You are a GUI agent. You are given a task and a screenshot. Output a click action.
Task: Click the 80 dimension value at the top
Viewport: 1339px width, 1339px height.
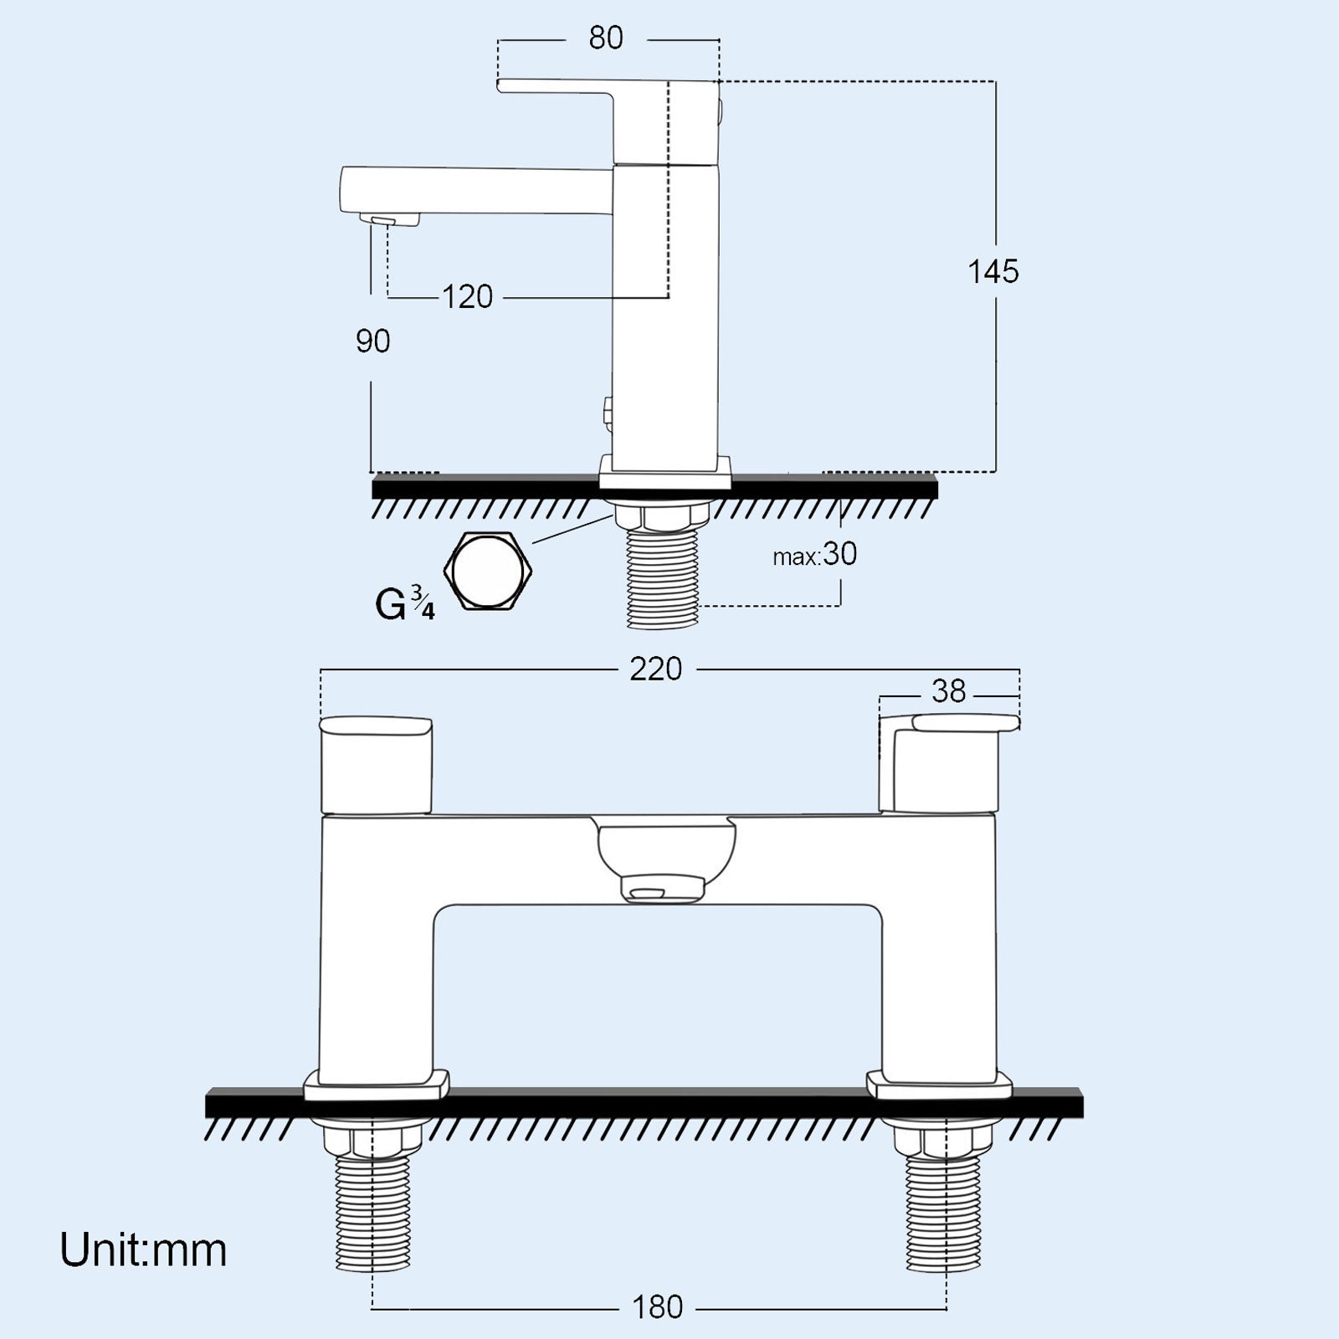[x=606, y=38]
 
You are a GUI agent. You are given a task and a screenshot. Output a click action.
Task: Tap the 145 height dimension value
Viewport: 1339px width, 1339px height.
[x=993, y=272]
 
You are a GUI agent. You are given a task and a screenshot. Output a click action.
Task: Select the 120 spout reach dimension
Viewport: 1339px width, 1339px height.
[x=468, y=297]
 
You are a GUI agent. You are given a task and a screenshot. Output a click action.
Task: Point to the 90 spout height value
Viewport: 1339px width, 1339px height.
[x=373, y=341]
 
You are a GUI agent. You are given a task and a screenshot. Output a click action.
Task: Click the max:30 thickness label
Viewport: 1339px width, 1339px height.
[x=815, y=555]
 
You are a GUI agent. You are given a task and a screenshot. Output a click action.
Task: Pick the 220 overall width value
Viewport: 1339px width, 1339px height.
[x=656, y=669]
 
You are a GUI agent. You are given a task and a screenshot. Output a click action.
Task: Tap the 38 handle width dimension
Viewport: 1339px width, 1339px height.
[x=948, y=691]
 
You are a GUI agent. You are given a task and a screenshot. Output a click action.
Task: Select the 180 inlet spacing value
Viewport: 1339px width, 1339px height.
[x=658, y=1307]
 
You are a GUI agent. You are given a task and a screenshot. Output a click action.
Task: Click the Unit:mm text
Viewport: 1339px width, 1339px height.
[x=143, y=1250]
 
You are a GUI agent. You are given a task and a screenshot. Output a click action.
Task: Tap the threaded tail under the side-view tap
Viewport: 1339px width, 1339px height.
[x=662, y=577]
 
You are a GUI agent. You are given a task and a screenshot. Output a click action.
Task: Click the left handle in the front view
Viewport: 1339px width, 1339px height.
[x=377, y=763]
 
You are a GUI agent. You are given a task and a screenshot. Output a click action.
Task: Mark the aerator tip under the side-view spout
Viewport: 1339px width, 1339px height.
[x=391, y=219]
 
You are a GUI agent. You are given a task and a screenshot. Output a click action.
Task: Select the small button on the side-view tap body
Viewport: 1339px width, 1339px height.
[x=608, y=410]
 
